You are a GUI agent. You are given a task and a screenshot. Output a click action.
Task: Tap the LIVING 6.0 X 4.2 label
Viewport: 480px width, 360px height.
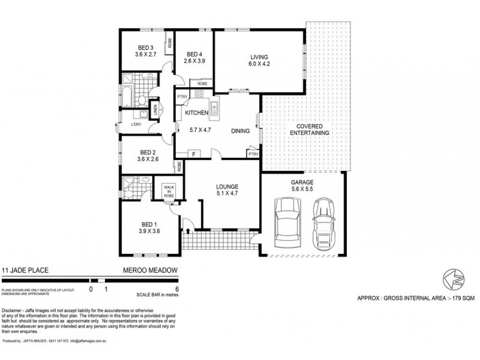coord(259,61)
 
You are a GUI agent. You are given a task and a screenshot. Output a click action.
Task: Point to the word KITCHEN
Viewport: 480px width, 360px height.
coord(196,113)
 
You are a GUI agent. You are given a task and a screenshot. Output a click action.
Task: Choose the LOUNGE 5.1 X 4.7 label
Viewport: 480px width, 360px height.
coord(227,190)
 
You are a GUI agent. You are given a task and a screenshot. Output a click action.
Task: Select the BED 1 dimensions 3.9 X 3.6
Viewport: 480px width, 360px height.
coord(148,230)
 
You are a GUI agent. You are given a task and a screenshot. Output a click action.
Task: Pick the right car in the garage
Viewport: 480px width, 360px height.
coord(324,220)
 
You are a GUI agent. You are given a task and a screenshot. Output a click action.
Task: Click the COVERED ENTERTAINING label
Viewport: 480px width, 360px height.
coord(309,129)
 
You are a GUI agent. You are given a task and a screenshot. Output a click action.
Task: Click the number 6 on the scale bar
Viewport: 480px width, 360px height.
coord(177,288)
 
